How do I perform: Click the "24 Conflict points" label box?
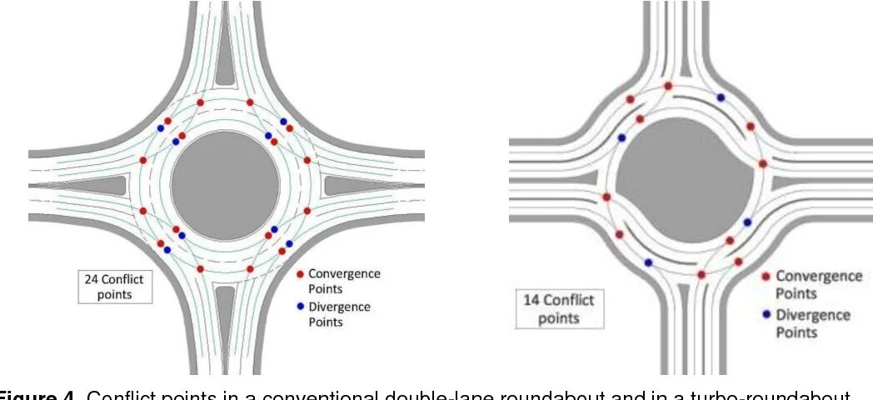tap(114, 287)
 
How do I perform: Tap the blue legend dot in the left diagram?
tap(300, 307)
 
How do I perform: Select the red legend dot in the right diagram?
tap(766, 277)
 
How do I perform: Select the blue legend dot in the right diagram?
tap(766, 315)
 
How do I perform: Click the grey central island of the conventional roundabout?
tap(225, 184)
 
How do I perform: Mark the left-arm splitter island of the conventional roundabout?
tap(108, 184)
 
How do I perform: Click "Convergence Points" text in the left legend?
tap(344, 280)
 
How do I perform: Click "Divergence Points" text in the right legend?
tap(813, 323)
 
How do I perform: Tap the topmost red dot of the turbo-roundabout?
tap(668, 86)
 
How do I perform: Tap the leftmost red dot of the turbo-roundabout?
tap(606, 197)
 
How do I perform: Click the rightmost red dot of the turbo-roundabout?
tap(762, 163)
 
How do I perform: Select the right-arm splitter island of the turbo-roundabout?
tap(821, 183)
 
